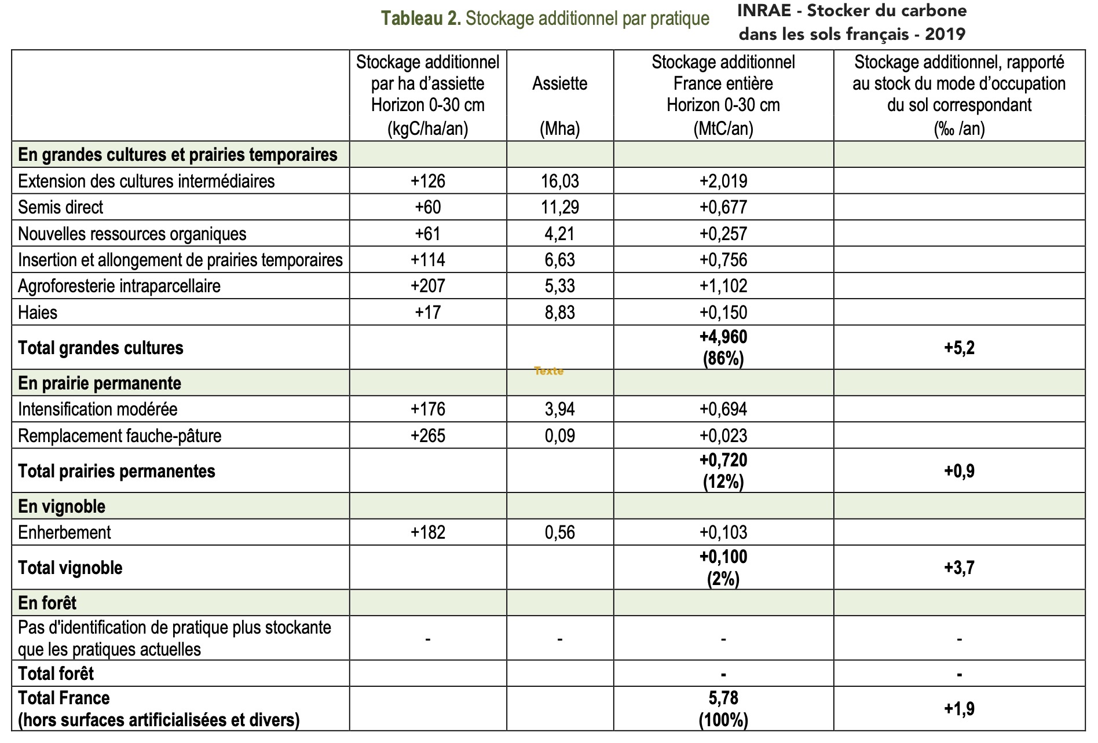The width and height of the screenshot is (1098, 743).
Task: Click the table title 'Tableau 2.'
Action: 420,19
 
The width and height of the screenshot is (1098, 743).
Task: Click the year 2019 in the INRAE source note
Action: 945,34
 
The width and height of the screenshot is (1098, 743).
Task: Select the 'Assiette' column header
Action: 559,84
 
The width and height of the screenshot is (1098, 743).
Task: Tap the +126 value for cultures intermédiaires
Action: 427,181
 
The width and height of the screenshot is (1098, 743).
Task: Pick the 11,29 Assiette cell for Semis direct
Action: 559,207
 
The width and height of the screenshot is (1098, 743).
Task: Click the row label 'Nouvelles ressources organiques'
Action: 132,234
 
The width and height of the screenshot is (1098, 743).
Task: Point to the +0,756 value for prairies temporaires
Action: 723,260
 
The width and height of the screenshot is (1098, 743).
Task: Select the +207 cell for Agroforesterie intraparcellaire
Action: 427,286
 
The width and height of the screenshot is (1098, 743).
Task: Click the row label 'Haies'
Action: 38,312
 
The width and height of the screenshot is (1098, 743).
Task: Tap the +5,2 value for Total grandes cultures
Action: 959,348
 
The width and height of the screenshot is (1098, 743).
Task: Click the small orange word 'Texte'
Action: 548,371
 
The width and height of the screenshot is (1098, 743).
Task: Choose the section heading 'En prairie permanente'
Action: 100,383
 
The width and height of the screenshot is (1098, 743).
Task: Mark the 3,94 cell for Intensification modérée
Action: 559,409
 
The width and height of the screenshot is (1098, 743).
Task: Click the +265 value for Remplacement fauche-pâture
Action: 427,436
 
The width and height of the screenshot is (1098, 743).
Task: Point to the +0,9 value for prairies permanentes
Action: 959,471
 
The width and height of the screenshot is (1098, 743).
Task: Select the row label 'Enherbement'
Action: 64,532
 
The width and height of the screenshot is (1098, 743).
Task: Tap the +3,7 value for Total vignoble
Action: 959,568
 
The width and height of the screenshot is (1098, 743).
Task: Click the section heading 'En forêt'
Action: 47,603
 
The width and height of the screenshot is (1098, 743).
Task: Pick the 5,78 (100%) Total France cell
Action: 723,709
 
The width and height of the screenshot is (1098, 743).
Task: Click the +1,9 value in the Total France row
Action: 959,709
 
